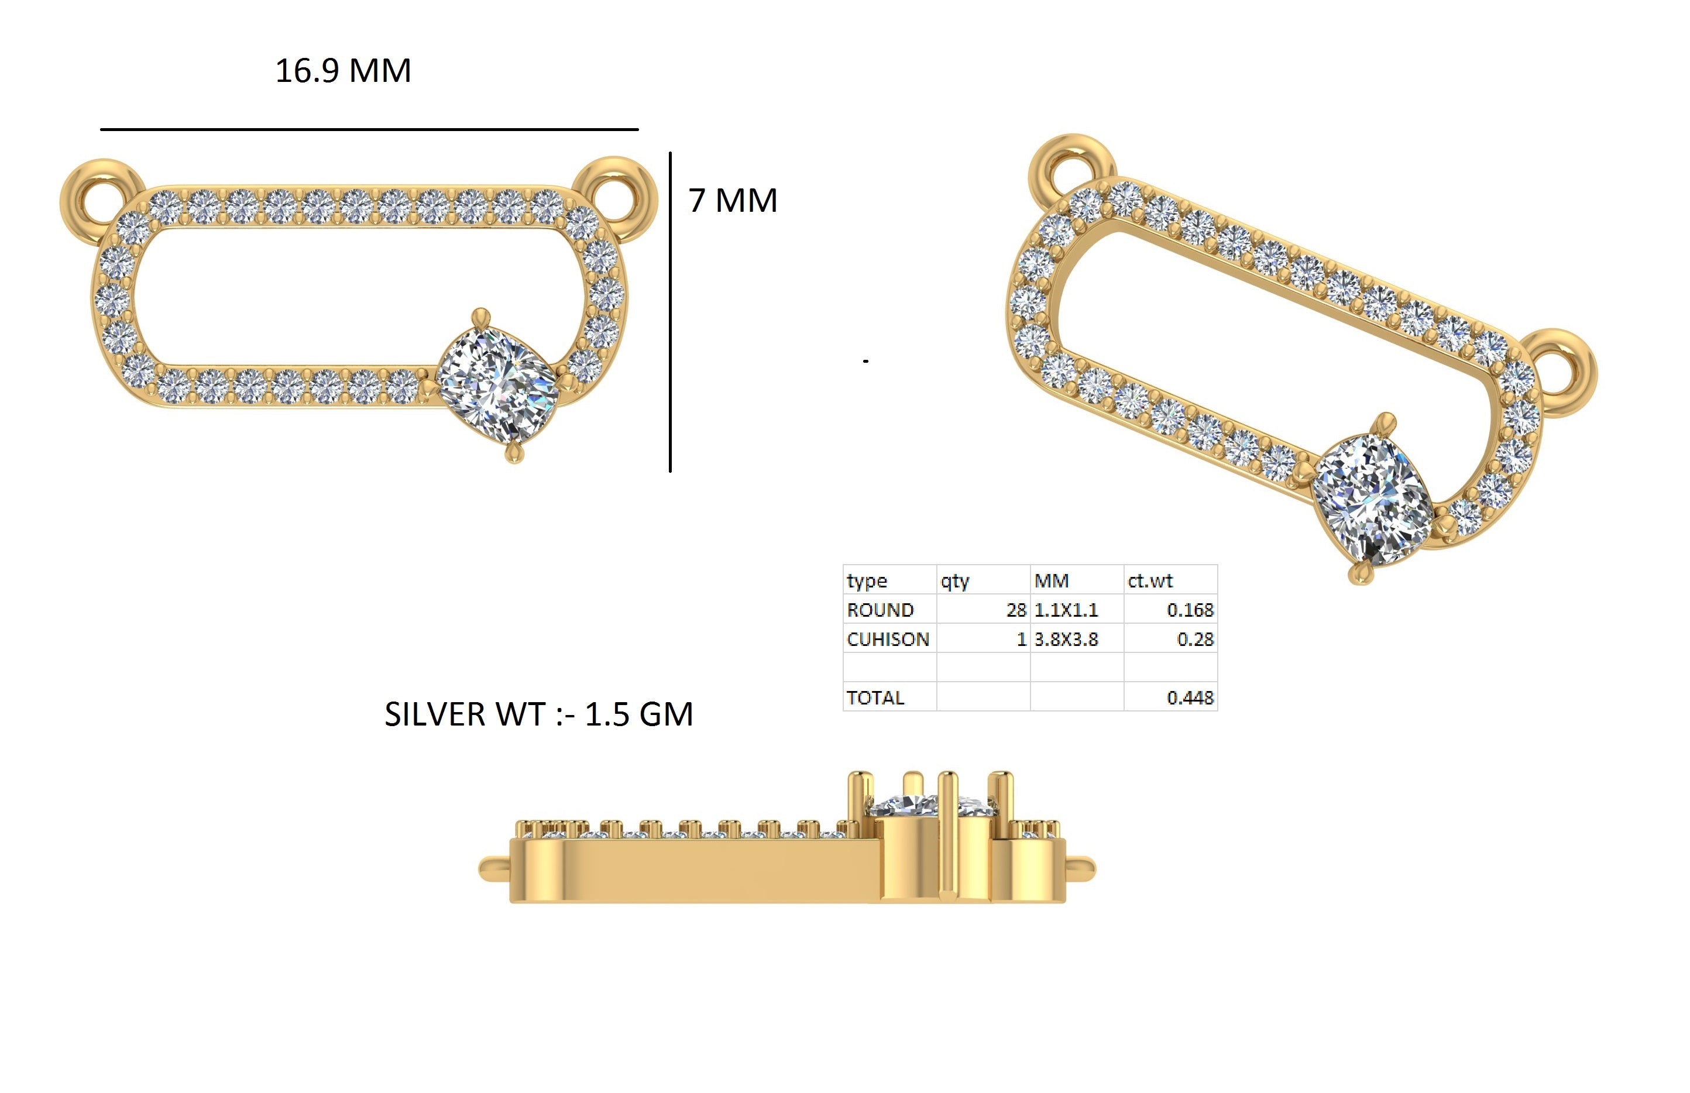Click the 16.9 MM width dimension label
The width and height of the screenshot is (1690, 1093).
[x=343, y=71]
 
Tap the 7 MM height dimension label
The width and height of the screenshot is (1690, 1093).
[x=733, y=200]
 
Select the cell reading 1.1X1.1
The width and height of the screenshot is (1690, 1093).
[x=1076, y=610]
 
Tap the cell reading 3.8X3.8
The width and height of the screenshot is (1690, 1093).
[x=1076, y=639]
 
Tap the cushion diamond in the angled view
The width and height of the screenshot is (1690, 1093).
[x=1370, y=499]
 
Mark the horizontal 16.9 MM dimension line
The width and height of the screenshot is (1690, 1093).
[x=369, y=129]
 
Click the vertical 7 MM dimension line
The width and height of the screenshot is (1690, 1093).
[x=670, y=312]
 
